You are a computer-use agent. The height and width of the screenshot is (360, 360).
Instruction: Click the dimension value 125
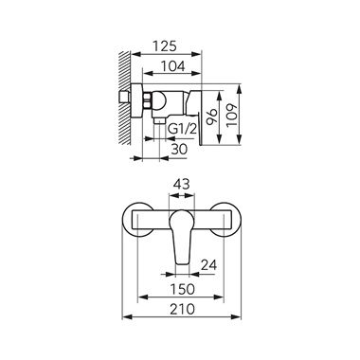click(x=165, y=46)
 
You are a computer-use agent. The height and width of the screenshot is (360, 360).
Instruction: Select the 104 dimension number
click(x=172, y=66)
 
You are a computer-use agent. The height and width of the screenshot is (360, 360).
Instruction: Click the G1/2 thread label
click(x=181, y=129)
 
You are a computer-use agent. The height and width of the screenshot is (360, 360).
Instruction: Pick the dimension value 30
click(x=179, y=149)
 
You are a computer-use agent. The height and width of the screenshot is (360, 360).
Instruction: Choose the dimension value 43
click(x=182, y=184)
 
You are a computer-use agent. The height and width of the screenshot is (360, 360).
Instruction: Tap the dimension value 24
click(x=208, y=265)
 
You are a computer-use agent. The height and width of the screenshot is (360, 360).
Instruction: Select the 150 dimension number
click(x=183, y=289)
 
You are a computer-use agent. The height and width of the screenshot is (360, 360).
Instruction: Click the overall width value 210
click(x=182, y=309)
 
